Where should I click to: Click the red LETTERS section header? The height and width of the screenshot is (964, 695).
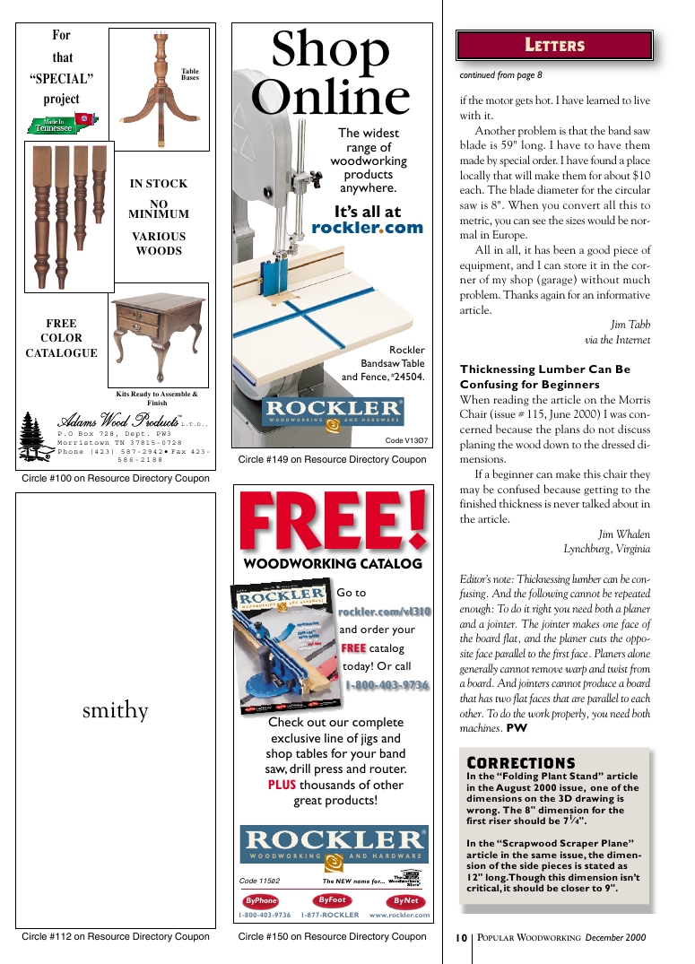554,45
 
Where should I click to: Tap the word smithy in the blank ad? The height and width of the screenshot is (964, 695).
115,711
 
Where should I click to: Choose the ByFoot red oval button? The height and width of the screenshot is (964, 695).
333,900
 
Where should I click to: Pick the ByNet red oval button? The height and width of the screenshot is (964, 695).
405,901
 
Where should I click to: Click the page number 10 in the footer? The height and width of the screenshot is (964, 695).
461,938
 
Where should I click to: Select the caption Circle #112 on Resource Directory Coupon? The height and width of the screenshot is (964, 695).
116,937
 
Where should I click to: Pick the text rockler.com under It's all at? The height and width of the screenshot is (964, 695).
366,228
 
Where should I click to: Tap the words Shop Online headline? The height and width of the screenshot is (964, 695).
330,74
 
